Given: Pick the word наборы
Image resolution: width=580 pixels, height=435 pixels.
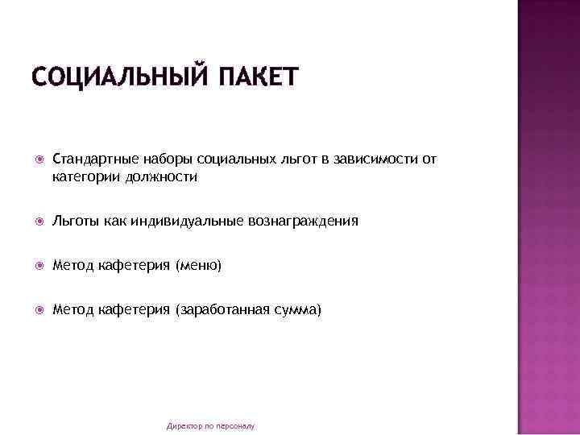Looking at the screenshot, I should pos(161,159).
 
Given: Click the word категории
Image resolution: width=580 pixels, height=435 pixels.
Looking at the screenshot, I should pos(86,176).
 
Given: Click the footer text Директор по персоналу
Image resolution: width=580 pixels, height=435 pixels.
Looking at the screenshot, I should pos(210,425).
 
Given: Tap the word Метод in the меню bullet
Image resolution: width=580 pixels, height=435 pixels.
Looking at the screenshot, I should pos(73,264).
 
